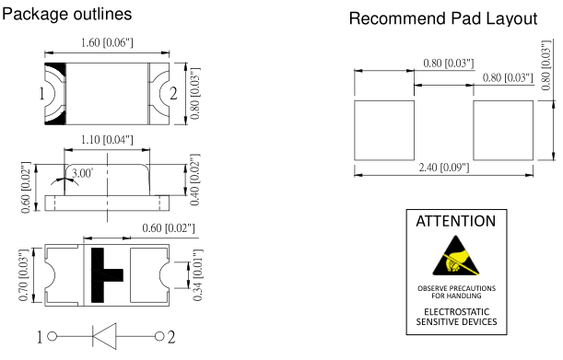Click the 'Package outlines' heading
66,15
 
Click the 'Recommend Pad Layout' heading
443,18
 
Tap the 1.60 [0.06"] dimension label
107,42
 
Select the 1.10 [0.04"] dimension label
107,140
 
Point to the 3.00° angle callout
83,173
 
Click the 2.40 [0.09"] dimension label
444,168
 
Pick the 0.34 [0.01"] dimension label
198,275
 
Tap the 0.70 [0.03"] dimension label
23,275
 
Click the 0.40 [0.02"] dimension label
194,180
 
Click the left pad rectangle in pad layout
384,131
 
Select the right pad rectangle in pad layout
503,131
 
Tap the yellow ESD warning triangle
456,258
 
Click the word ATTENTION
456,221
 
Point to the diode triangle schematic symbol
104,336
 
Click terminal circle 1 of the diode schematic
53,337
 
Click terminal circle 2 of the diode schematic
159,336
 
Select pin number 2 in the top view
173,94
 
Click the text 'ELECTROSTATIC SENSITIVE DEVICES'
456,317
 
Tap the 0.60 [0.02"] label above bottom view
169,228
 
